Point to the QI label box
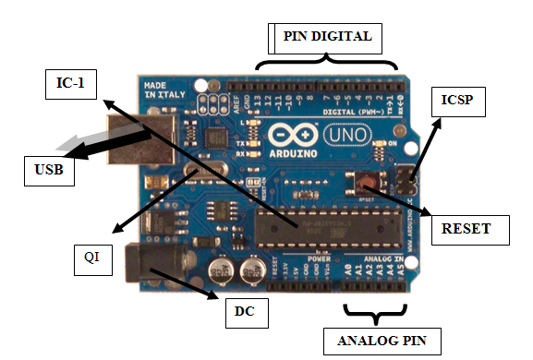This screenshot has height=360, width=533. tap(91, 261)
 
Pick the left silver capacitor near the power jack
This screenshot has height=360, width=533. tap(220, 270)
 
